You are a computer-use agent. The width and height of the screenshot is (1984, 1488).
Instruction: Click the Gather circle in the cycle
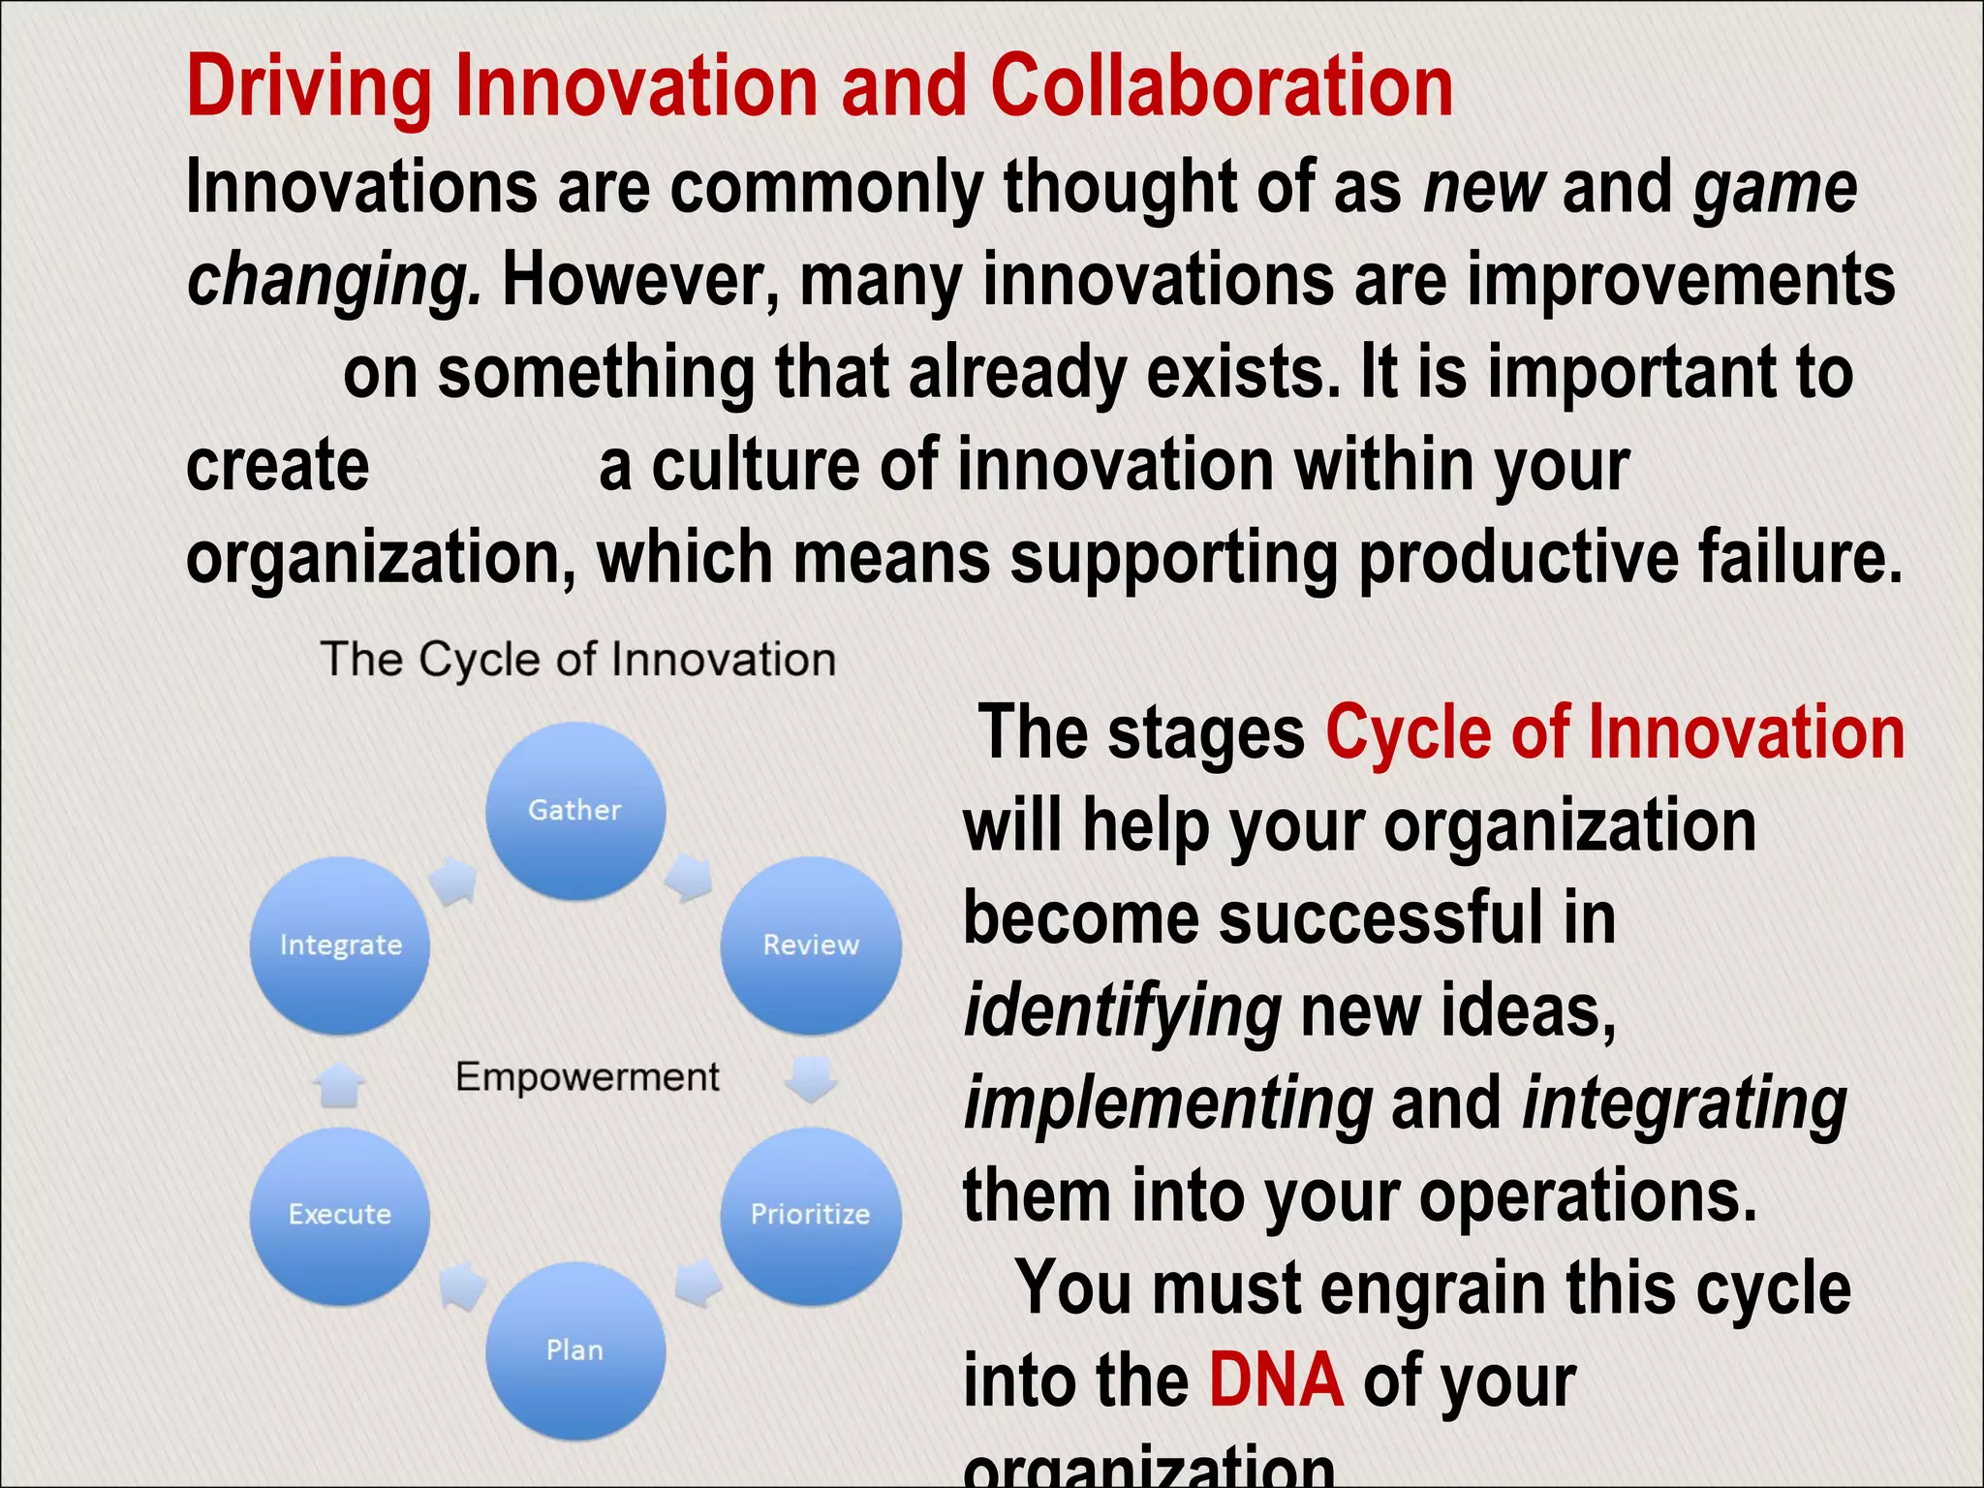pyautogui.click(x=575, y=811)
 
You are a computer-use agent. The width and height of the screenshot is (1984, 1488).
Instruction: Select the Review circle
pyautogui.click(x=811, y=945)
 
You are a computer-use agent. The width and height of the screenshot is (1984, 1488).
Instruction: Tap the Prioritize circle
pyautogui.click(x=811, y=1215)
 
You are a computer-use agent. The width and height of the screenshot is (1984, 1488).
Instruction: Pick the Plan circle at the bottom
pyautogui.click(x=575, y=1350)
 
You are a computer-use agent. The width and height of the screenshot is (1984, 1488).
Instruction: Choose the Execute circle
pyautogui.click(x=340, y=1215)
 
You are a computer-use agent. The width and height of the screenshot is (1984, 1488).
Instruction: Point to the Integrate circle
pyautogui.click(x=340, y=945)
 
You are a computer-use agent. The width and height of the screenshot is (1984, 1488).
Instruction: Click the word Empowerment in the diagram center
pyautogui.click(x=587, y=1077)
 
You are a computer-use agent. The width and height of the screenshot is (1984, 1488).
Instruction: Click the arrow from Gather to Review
pyautogui.click(x=691, y=878)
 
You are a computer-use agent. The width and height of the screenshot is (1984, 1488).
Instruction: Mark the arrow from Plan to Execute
pyautogui.click(x=463, y=1286)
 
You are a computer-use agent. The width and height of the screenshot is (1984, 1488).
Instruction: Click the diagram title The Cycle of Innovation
pyautogui.click(x=578, y=660)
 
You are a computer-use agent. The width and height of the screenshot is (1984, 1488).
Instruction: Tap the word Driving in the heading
pyautogui.click(x=309, y=87)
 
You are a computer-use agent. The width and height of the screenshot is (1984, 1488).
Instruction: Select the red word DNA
pyautogui.click(x=1276, y=1379)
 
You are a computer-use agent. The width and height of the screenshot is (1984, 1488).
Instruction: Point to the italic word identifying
pyautogui.click(x=1123, y=1012)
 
